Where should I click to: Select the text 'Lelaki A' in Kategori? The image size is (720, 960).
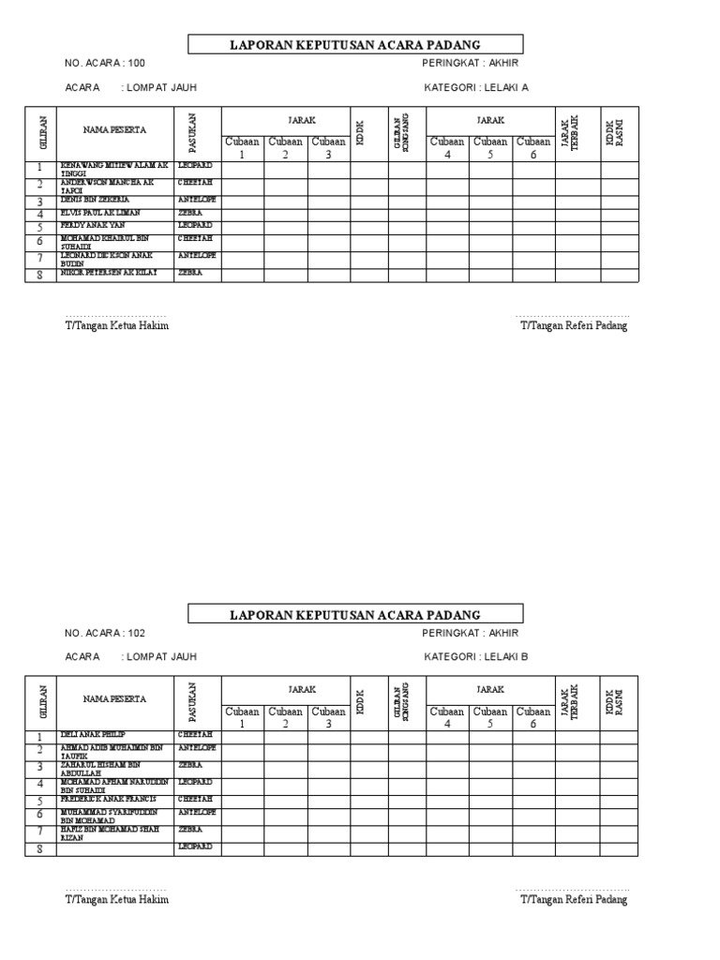pyautogui.click(x=506, y=87)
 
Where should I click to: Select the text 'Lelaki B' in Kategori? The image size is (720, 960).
pyautogui.click(x=506, y=657)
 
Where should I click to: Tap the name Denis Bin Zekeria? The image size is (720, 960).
pyautogui.click(x=95, y=200)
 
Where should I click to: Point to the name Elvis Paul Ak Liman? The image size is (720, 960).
pyautogui.click(x=99, y=213)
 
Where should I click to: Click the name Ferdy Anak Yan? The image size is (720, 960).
pyautogui.click(x=92, y=226)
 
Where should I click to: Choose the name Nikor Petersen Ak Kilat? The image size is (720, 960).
pyautogui.click(x=108, y=273)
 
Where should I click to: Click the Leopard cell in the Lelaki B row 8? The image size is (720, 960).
pyautogui.click(x=196, y=847)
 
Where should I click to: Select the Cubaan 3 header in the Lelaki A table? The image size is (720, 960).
pyautogui.click(x=329, y=148)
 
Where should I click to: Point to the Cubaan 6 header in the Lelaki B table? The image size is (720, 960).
pyautogui.click(x=533, y=718)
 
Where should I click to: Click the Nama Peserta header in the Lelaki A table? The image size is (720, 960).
pyautogui.click(x=114, y=129)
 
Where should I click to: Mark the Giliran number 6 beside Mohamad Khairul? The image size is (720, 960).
pyautogui.click(x=40, y=241)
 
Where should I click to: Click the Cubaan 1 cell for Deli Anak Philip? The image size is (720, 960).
pyautogui.click(x=242, y=736)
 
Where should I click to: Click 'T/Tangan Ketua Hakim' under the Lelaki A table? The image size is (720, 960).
pyautogui.click(x=116, y=326)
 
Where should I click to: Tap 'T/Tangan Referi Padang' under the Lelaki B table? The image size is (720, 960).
pyautogui.click(x=574, y=900)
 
